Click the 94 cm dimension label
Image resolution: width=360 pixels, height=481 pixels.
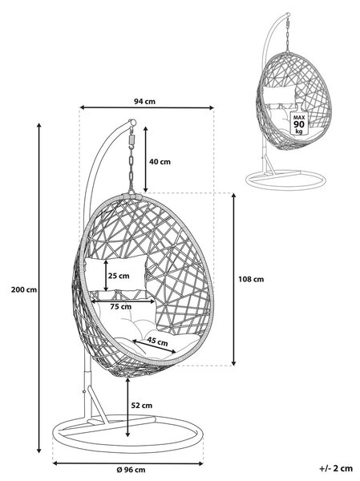pyautogui.click(x=144, y=101)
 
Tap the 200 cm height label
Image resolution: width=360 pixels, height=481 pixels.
pyautogui.click(x=23, y=289)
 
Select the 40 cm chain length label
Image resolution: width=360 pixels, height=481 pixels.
pyautogui.click(x=160, y=162)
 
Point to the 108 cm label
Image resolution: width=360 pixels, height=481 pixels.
pyautogui.click(x=251, y=279)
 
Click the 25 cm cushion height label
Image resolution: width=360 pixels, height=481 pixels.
pyautogui.click(x=119, y=276)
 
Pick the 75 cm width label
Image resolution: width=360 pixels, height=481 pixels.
pyautogui.click(x=120, y=306)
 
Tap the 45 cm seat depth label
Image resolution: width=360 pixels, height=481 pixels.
pyautogui.click(x=157, y=342)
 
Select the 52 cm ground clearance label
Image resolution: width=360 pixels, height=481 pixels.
pyautogui.click(x=142, y=406)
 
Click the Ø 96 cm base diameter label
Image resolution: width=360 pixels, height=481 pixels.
pyautogui.click(x=131, y=470)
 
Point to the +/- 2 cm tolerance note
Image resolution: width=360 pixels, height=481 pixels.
pyautogui.click(x=336, y=468)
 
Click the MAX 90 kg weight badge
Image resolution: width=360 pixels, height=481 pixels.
pyautogui.click(x=299, y=124)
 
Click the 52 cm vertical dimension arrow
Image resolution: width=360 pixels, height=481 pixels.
pyautogui.click(x=127, y=407)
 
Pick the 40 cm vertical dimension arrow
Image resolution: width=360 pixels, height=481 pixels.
pyautogui.click(x=146, y=160)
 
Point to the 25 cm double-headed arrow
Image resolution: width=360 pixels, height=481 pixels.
pyautogui.click(x=106, y=276)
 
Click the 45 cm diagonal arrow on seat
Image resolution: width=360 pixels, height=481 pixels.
pyautogui.click(x=155, y=346)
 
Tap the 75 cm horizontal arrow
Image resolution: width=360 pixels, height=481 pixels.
pyautogui.click(x=123, y=301)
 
